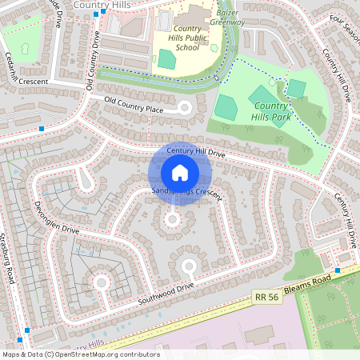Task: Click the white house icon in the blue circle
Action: coord(180,173)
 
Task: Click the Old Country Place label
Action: coord(134,104)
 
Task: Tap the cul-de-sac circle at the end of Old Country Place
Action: coord(186,107)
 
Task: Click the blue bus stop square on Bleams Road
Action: coord(338,270)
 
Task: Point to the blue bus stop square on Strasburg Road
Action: coord(29,330)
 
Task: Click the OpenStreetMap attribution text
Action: coord(80,354)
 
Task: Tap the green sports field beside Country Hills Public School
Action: coord(166,58)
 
